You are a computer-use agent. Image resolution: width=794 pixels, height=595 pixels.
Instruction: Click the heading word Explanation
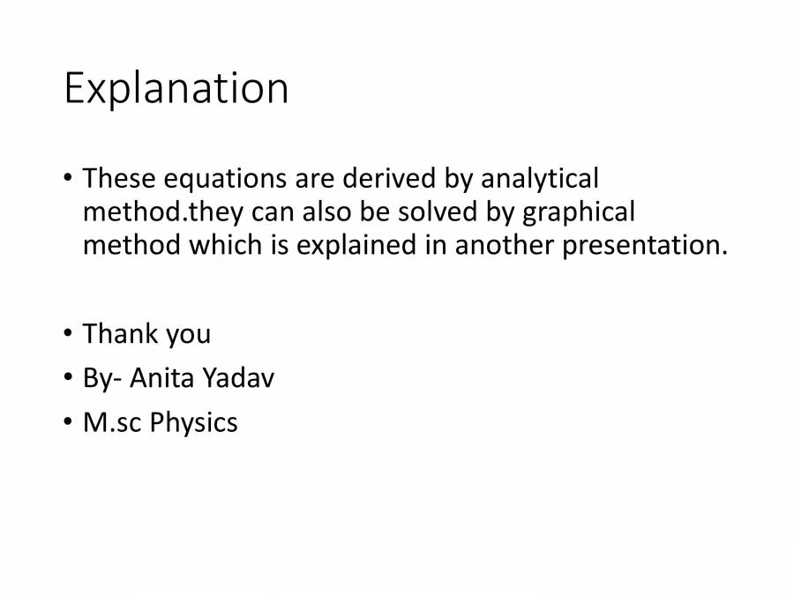pos(176,89)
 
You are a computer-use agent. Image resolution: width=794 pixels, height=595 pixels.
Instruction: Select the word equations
pos(208,180)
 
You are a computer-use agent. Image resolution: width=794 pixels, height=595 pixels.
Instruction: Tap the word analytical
pos(539,180)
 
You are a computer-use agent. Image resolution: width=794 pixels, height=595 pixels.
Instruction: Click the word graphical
pos(578,212)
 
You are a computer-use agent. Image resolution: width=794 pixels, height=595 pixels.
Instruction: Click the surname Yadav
pos(238,378)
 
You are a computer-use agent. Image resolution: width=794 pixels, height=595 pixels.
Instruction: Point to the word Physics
pos(193,423)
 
